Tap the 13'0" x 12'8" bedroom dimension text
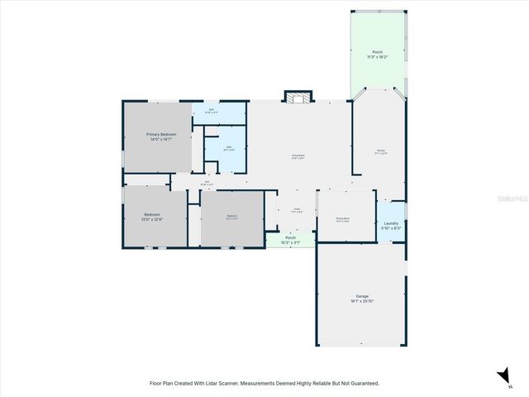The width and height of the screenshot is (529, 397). [152, 219]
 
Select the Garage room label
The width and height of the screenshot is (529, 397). [362, 296]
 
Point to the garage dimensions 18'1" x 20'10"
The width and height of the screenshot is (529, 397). [362, 301]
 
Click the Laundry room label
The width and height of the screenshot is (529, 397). [392, 223]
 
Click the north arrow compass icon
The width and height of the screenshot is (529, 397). [505, 377]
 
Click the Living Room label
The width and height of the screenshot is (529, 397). [298, 155]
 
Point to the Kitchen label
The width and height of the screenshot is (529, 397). [380, 151]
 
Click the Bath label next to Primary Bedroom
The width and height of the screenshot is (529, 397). [211, 109]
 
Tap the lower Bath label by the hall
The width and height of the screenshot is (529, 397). [228, 147]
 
